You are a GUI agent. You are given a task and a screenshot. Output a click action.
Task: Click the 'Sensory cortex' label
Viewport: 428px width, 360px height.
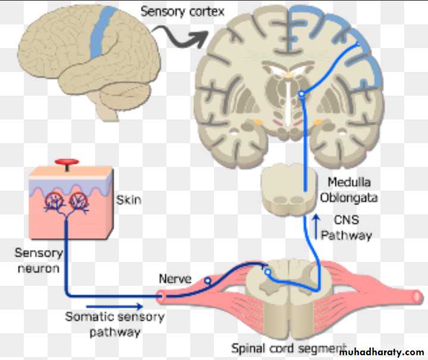click(x=182, y=11)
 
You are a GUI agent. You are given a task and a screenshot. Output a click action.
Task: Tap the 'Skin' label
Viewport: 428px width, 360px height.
click(x=129, y=199)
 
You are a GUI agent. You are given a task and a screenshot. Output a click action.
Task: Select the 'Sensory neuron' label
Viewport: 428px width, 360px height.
click(x=39, y=260)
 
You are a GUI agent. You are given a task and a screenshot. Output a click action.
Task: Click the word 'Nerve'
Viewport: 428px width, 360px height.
click(x=174, y=278)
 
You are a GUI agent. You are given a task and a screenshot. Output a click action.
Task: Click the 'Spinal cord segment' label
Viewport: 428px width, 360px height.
click(x=288, y=348)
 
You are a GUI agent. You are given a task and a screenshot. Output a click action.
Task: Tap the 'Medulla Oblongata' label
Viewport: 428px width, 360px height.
click(x=349, y=189)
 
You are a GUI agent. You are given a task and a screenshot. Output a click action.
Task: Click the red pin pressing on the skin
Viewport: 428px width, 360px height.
click(x=67, y=163)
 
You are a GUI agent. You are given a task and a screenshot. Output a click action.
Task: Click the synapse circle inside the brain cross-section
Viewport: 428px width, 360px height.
click(x=301, y=94)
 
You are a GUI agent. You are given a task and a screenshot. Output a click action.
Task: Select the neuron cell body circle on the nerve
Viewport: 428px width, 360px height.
click(x=207, y=280)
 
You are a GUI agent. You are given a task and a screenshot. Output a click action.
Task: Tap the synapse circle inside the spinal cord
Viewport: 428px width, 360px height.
click(x=268, y=273)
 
